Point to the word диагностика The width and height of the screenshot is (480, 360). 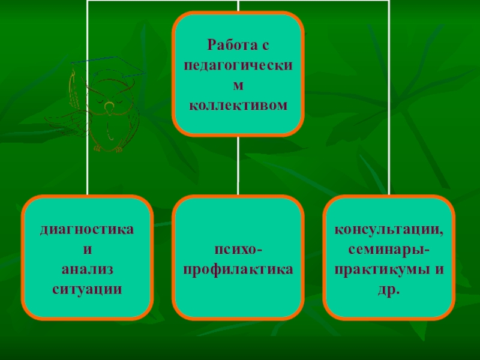(87, 229)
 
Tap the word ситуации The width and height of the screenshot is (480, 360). (87, 289)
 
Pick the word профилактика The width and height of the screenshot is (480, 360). (238, 269)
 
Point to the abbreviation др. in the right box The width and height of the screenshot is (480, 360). (389, 289)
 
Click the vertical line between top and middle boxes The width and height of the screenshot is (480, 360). (238, 165)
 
